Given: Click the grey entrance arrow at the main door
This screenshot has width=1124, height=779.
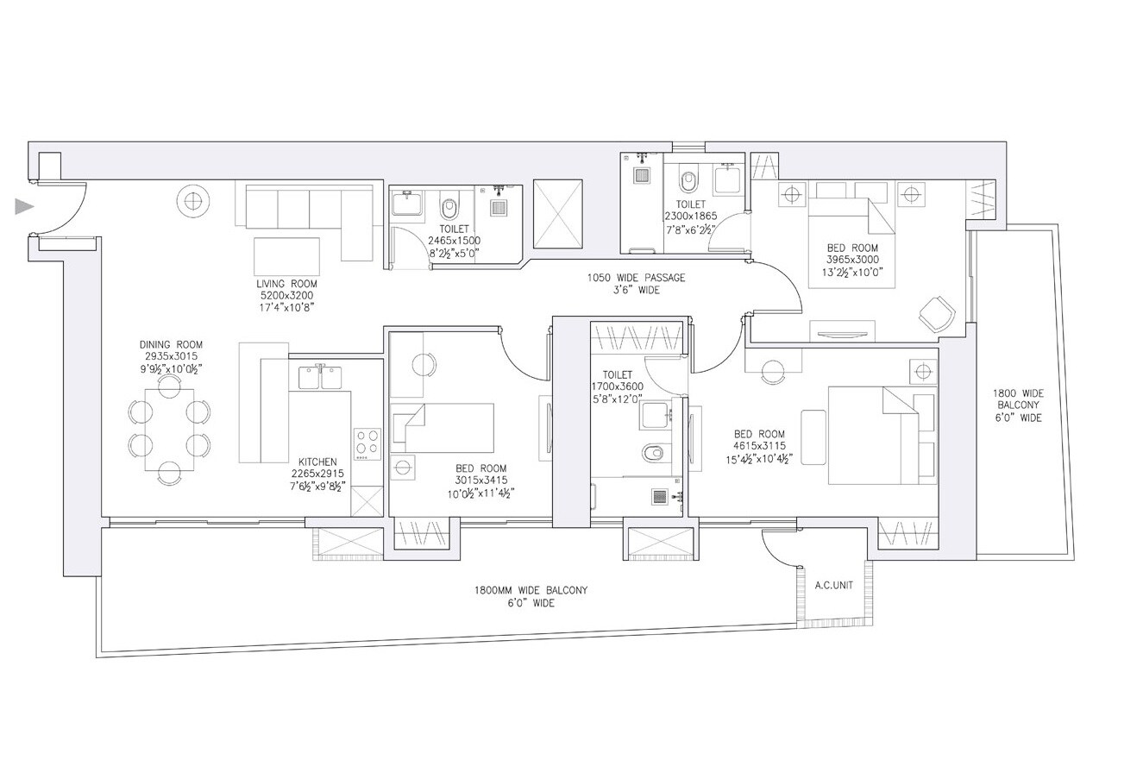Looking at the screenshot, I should (24, 207).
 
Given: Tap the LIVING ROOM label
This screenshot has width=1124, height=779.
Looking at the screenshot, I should (286, 284).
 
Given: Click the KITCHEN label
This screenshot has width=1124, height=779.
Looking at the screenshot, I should (317, 462).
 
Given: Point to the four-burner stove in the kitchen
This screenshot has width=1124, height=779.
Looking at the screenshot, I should (367, 443).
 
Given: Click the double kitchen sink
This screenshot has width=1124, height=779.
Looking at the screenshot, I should (320, 378).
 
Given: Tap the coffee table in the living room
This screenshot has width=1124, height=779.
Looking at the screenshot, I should (286, 256).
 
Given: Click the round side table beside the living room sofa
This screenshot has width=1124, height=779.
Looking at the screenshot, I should (192, 201).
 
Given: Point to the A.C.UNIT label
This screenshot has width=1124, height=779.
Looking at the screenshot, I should (833, 585).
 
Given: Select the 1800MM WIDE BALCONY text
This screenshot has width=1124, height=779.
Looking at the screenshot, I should (531, 591).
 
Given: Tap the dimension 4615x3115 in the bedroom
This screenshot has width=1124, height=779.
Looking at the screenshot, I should (759, 447).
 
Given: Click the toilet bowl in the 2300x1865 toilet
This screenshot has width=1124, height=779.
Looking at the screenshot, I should (688, 182).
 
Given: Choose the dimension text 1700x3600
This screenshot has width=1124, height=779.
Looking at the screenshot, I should (618, 386).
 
